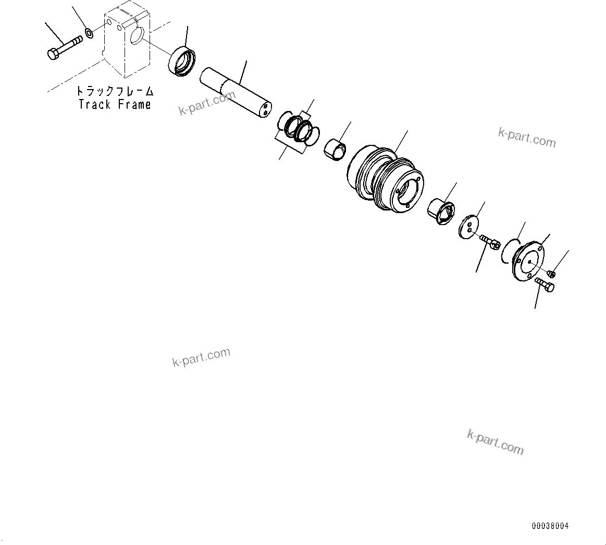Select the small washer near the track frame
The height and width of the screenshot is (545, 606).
pyautogui.click(x=89, y=34)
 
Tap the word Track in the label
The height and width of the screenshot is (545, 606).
pyautogui.click(x=94, y=104)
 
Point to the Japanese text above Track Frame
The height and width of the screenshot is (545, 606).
pyautogui.click(x=115, y=91)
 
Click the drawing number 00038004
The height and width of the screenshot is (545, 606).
pyautogui.click(x=550, y=526)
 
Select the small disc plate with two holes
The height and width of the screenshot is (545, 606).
pyautogui.click(x=469, y=225)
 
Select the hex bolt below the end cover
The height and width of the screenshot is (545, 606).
pyautogui.click(x=545, y=284)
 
